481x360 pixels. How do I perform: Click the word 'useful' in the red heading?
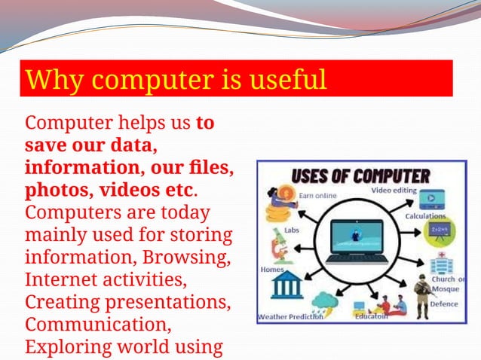pyautogui.click(x=286, y=79)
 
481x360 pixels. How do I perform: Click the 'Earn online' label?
pyautogui.click(x=317, y=196)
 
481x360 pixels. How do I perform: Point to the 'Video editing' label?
pyautogui.click(x=393, y=191)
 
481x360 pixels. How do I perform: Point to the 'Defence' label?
pyautogui.click(x=444, y=304)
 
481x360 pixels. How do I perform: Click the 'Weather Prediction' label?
pyautogui.click(x=290, y=317)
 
